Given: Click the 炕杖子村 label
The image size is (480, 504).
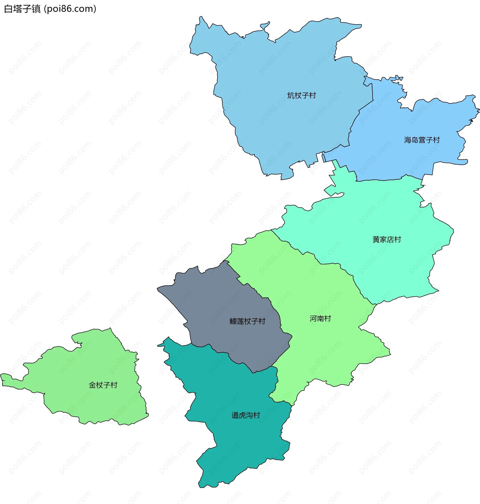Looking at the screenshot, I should (x=301, y=95).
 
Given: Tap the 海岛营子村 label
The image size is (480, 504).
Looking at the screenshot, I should (x=422, y=140).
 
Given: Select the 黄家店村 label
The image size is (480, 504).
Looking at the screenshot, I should (x=386, y=239).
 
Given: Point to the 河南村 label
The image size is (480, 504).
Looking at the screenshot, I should (x=320, y=318).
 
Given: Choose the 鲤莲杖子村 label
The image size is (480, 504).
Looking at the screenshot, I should (x=247, y=321).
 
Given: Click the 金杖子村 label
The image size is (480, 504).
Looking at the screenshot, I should (x=103, y=385).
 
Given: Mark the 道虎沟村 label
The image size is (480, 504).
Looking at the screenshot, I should (x=246, y=415).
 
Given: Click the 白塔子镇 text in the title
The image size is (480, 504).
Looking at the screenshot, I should (x=22, y=9).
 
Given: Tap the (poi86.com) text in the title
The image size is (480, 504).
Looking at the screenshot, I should (x=70, y=9).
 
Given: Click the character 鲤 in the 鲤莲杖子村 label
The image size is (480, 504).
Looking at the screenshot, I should (x=233, y=321).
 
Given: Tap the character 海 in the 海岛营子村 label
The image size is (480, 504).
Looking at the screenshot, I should (x=407, y=140).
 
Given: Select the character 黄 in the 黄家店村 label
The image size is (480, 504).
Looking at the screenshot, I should (x=376, y=239).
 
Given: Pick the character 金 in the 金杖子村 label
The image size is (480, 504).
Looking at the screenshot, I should (x=92, y=385).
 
